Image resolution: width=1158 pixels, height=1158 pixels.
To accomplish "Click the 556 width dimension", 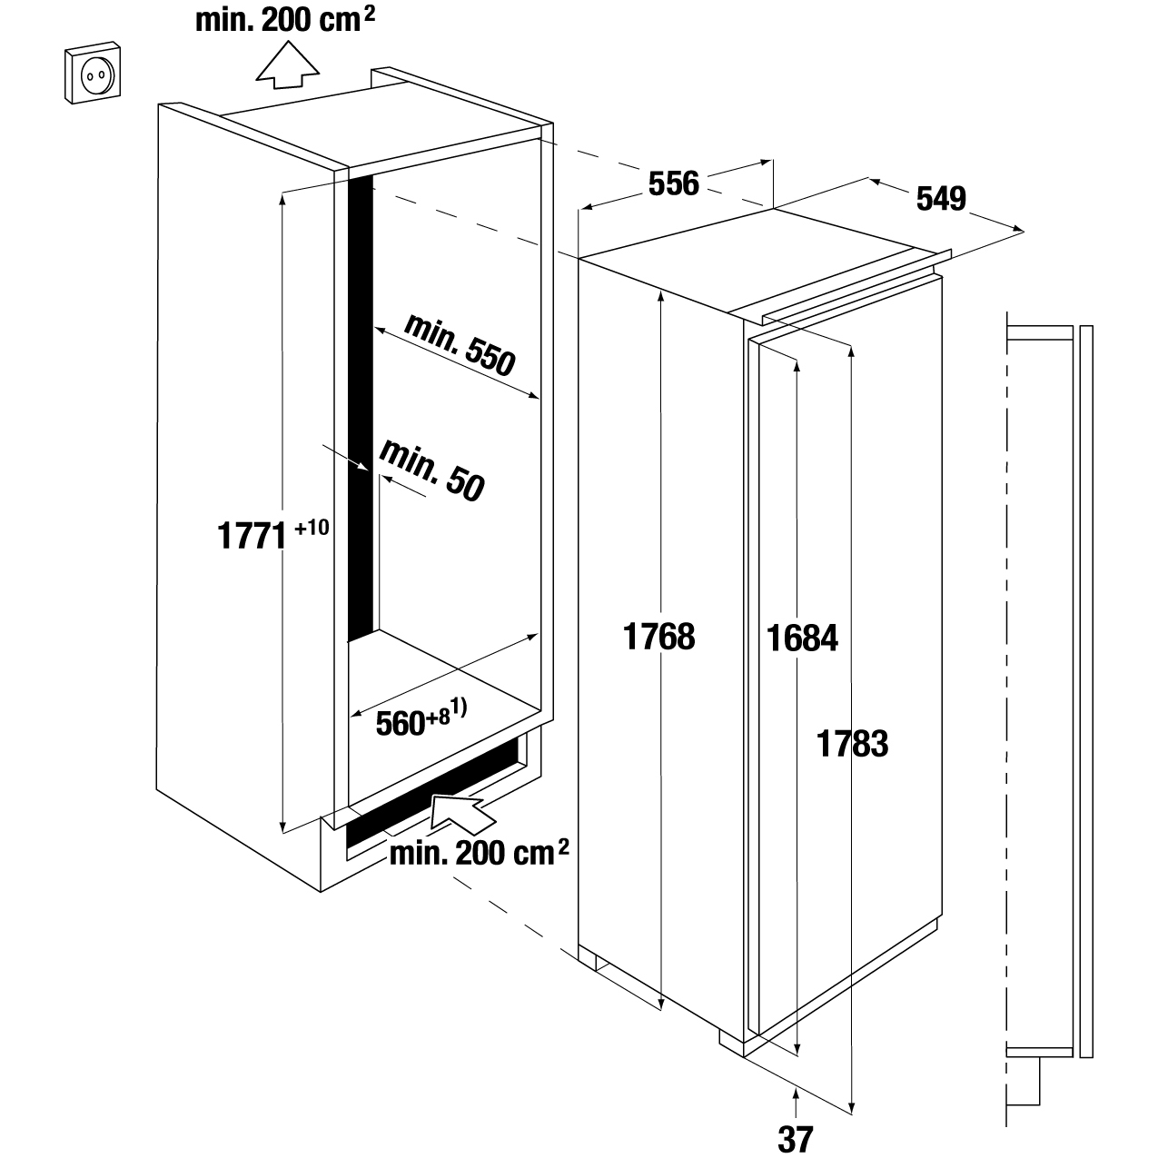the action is pyautogui.click(x=673, y=183).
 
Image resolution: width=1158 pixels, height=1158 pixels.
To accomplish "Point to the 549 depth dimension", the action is pyautogui.click(x=940, y=199).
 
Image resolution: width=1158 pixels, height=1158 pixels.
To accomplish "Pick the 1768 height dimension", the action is pyautogui.click(x=659, y=637).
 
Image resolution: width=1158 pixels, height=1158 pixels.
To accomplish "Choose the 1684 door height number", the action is pyautogui.click(x=801, y=638).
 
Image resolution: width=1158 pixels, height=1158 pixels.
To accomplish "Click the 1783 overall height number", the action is pyautogui.click(x=852, y=744).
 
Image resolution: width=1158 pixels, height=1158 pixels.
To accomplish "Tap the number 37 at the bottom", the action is pyautogui.click(x=796, y=1138).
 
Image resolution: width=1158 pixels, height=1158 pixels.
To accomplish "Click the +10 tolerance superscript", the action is pyautogui.click(x=312, y=527).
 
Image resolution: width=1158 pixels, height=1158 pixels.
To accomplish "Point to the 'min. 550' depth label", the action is pyautogui.click(x=460, y=345).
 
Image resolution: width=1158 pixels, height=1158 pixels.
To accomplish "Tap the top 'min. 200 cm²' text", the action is pyautogui.click(x=285, y=20).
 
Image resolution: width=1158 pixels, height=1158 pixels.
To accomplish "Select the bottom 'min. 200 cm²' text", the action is pyautogui.click(x=479, y=853).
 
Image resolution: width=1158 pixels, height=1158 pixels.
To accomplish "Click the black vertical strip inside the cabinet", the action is pyautogui.click(x=361, y=409).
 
